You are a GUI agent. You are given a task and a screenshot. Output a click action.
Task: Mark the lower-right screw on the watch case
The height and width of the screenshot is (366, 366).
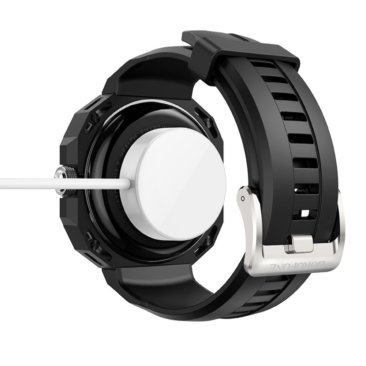209,240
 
